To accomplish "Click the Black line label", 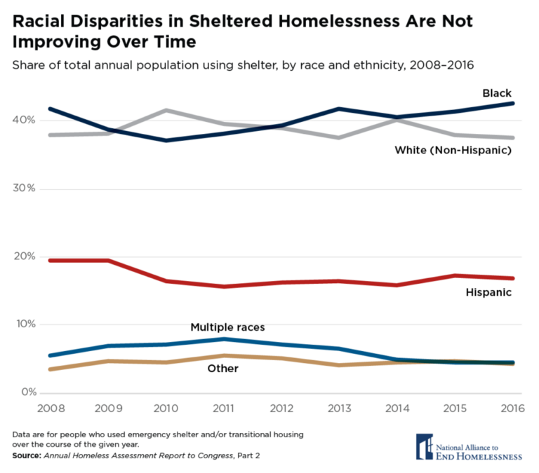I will tap(496, 92).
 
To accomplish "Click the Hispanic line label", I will tap(488, 292).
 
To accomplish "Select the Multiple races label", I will tap(227, 327).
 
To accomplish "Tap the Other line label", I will tap(223, 368).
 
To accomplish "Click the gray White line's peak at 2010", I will tap(166, 110).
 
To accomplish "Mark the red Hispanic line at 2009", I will tap(107, 261).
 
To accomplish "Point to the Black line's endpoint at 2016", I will tap(513, 104).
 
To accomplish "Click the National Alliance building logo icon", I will tap(424, 446).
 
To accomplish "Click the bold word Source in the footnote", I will tap(26, 456).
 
